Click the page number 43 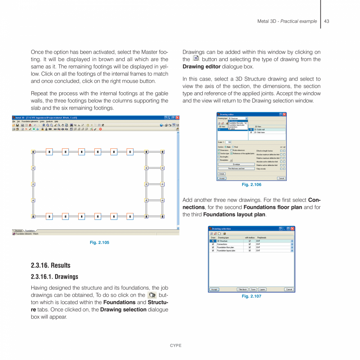coord(326,21)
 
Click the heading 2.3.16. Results coord(50,265)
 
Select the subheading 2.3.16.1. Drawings coord(54,277)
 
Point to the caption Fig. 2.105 coord(99,243)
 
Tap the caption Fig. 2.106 coord(251,185)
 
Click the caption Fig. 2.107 coord(251,296)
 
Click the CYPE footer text coord(176,346)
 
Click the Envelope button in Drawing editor coord(236,164)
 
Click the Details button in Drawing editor coord(221,173)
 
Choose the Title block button coord(243,289)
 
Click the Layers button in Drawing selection coord(262,289)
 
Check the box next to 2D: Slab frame coord(251,132)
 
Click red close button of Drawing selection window coord(292,229)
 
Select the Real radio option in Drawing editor coord(233,147)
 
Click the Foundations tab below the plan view coord(30,231)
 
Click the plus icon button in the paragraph coord(196,59)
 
